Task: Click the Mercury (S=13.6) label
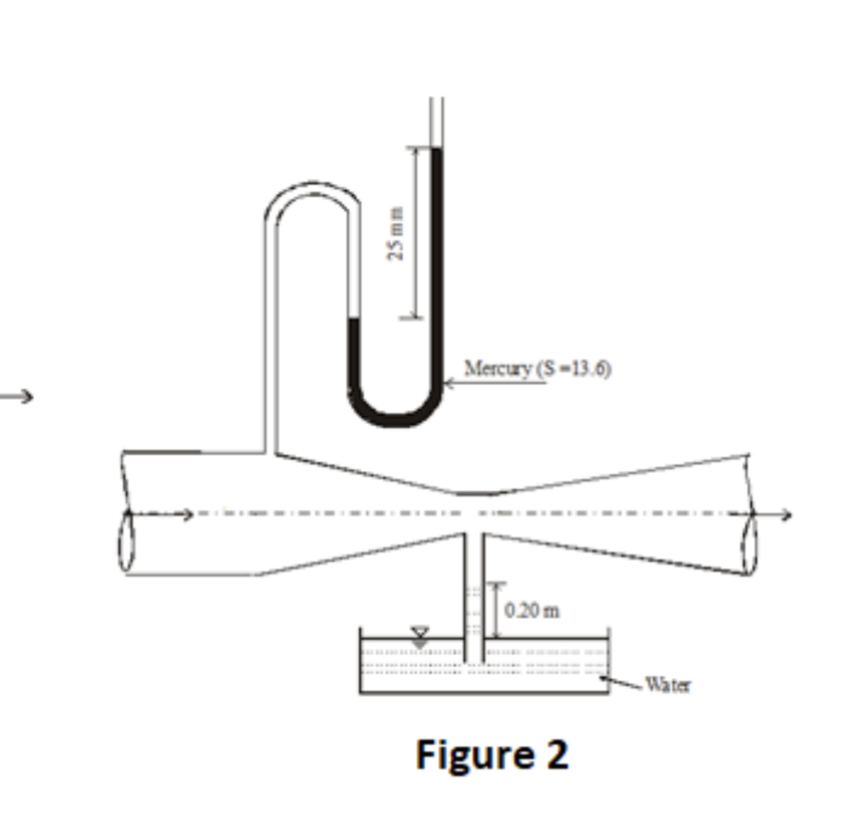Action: [x=537, y=368]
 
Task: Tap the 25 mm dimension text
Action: [x=395, y=234]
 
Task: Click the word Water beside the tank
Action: [x=667, y=685]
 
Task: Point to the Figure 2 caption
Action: [x=492, y=755]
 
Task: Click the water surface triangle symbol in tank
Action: [x=419, y=635]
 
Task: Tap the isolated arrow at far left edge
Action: [x=16, y=395]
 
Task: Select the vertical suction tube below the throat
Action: [x=474, y=591]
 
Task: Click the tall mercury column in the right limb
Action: [x=436, y=262]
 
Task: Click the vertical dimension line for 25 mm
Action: [x=415, y=232]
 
